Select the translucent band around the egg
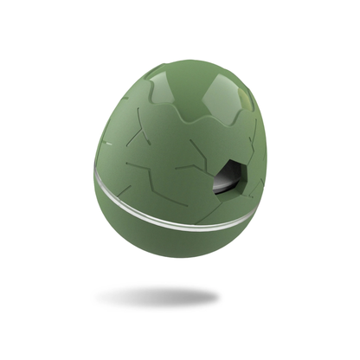(x=173, y=211)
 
